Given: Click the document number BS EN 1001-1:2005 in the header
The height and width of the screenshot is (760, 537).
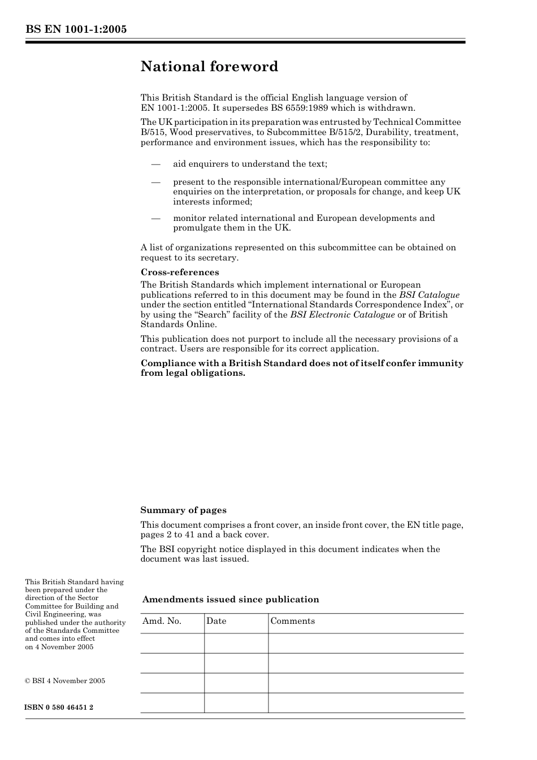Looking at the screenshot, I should (76, 29).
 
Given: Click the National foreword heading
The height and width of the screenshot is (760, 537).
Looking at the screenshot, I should (209, 67).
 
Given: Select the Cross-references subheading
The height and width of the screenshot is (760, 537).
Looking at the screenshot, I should (180, 272).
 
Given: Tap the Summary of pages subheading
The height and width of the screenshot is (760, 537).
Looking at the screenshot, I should (183, 510).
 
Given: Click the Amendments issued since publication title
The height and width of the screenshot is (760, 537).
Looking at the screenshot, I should (231, 600).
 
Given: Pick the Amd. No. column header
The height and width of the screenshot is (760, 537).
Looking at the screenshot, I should (162, 621).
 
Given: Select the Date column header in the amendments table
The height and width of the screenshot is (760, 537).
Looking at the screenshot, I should (216, 621).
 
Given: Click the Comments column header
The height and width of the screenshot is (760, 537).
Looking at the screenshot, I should (292, 621).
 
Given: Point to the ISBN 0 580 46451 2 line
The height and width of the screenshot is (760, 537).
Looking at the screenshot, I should (59, 707).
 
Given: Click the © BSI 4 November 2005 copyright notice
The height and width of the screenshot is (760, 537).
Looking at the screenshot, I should (65, 681).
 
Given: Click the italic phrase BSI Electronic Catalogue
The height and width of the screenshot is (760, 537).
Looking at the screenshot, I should (342, 315).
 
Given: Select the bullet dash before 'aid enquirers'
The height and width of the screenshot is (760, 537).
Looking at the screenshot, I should (155, 164).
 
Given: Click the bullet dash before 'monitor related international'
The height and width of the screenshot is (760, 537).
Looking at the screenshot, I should (155, 219).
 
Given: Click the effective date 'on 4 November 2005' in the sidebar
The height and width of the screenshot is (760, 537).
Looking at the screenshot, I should (59, 647).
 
